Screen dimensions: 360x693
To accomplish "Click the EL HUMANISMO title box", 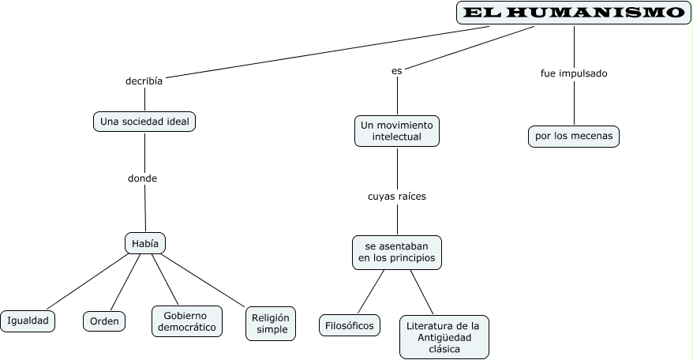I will [573, 13].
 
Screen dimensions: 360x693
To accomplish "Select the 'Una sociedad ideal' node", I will [144, 122].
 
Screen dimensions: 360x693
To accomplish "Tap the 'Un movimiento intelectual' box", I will [397, 131].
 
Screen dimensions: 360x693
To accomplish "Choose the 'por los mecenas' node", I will [573, 137].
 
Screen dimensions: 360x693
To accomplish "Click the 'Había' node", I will [145, 243].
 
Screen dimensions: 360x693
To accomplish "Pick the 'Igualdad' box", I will [28, 321].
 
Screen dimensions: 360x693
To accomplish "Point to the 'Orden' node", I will [104, 321].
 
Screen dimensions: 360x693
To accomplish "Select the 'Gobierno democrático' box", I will [187, 321].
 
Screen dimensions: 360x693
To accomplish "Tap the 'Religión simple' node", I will [271, 323].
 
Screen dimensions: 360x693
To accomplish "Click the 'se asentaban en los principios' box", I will [396, 252].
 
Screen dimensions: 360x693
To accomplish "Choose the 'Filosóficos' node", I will [350, 324].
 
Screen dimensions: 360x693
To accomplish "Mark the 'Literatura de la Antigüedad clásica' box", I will [443, 337].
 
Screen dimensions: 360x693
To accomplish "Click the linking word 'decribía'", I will [144, 81].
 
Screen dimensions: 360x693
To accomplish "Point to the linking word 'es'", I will [397, 70].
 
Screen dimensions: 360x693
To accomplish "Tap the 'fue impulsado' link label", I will [574, 73].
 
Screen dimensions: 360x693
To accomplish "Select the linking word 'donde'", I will [142, 178].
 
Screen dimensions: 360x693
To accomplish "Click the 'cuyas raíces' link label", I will [396, 196].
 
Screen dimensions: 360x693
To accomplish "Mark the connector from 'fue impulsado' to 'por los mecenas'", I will [574, 103].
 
